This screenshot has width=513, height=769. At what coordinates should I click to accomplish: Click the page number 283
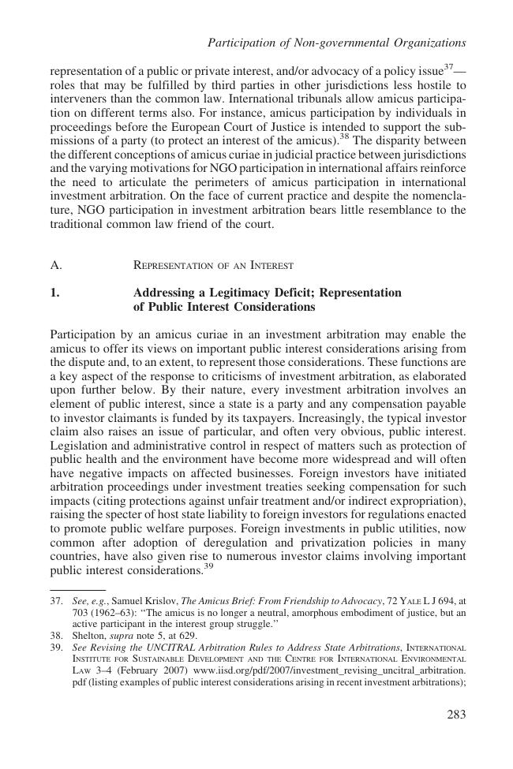(455, 715)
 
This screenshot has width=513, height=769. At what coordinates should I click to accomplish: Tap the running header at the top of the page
(336, 42)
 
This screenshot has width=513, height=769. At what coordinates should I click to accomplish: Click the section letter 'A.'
(55, 265)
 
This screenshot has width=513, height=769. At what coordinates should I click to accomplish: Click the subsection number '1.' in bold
(54, 293)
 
